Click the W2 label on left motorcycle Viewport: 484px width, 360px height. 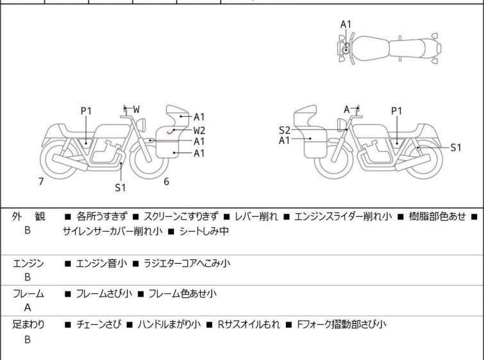[199, 130]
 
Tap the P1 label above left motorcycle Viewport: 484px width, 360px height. [86, 111]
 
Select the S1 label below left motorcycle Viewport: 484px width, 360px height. [121, 188]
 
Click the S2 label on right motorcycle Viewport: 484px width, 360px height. [285, 130]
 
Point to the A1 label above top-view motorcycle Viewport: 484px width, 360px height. [346, 24]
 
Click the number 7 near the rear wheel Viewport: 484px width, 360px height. [41, 182]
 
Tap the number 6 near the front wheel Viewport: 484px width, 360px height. [166, 182]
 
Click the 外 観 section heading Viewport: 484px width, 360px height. [29, 217]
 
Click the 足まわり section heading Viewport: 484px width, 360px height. [29, 325]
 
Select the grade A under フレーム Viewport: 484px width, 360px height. [28, 307]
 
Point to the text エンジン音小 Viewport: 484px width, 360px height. [101, 262]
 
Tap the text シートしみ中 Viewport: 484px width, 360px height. [203, 231]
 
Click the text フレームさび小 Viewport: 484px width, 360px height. [104, 294]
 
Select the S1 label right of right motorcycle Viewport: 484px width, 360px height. [455, 148]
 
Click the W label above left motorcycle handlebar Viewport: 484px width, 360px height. [137, 110]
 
